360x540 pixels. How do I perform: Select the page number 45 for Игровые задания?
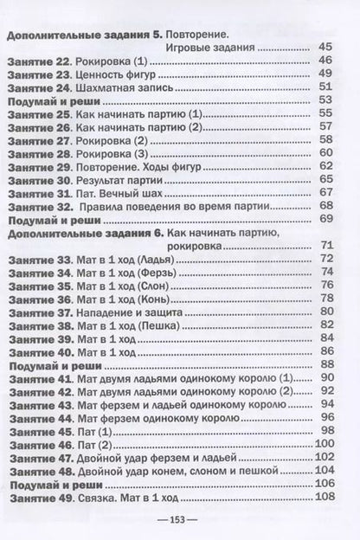pos(325,47)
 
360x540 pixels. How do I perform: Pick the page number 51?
pos(325,87)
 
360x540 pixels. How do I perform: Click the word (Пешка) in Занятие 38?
pos(162,325)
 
